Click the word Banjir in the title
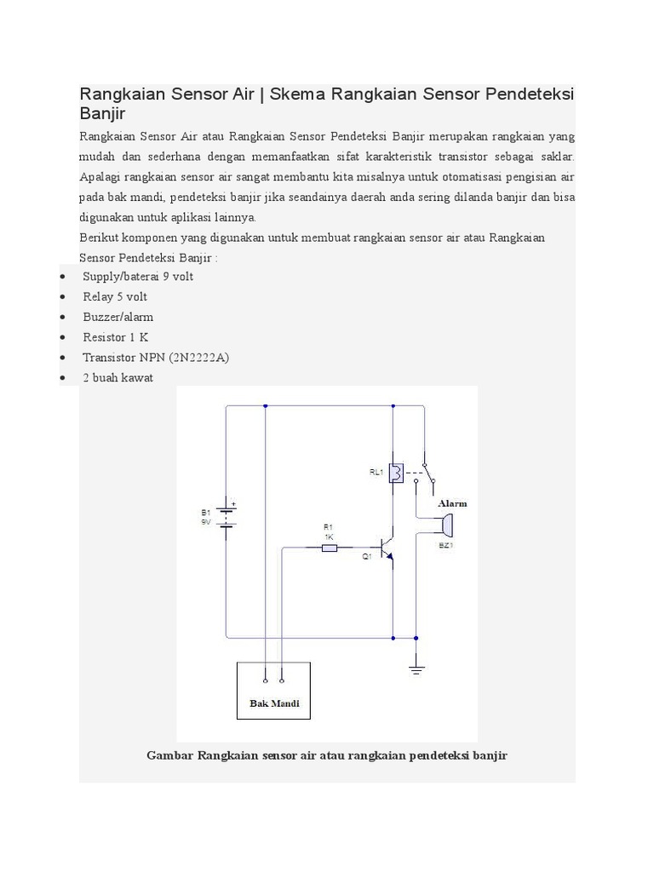102,113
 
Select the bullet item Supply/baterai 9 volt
138,276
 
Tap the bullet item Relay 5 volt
115,296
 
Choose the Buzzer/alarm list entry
118,317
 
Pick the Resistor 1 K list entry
116,337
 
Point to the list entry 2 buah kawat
118,377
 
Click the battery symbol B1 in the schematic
226,516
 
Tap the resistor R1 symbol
329,548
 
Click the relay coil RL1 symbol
396,473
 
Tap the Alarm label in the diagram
452,503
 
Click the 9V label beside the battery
205,522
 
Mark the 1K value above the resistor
329,536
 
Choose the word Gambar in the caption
169,755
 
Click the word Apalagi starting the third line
100,177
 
